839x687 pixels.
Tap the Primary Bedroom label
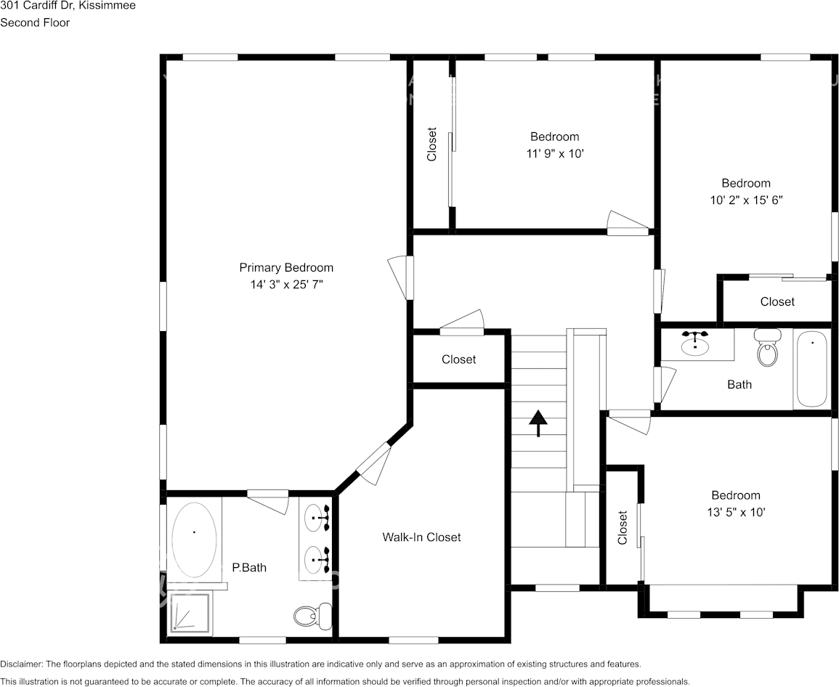tap(286, 267)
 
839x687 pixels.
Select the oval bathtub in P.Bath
tap(194, 540)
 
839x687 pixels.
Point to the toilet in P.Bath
tap(312, 617)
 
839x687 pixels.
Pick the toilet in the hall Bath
tap(767, 348)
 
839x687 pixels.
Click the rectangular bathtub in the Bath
tap(811, 369)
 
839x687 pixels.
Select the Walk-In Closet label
tap(421, 537)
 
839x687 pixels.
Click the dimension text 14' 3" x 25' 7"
tap(286, 285)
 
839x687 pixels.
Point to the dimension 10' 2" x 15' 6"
tap(746, 200)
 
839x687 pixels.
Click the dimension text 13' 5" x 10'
tap(736, 512)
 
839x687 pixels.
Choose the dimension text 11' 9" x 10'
tap(554, 153)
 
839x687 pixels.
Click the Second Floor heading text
tap(35, 23)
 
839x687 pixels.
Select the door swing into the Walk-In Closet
tap(376, 464)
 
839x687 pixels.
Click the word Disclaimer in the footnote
tap(21, 664)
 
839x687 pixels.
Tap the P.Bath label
tap(249, 567)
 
